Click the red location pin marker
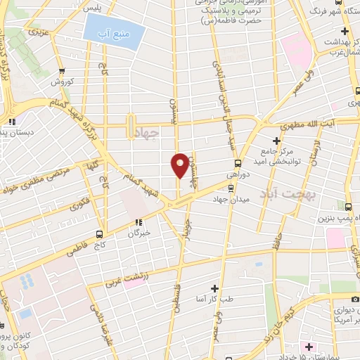(181, 165)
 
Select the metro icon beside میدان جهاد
(231, 187)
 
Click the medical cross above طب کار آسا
(214, 288)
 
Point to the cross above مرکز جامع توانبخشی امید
(276, 140)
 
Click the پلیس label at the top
(93, 8)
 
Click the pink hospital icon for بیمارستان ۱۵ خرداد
(308, 347)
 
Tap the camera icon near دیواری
(355, 300)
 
